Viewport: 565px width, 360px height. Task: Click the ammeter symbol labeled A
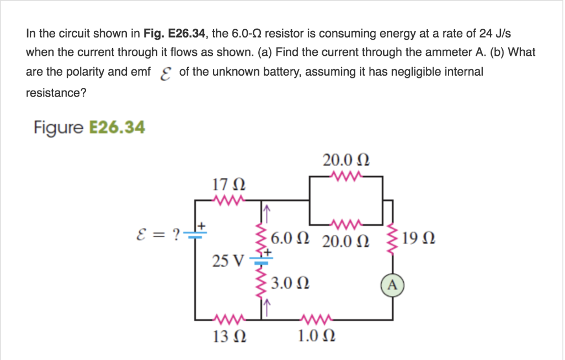392,285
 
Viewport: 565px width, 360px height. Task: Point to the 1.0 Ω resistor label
316,336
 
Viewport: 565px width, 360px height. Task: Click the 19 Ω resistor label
419,239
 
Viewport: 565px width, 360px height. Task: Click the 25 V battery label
227,260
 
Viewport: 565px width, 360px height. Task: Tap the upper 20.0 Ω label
345,161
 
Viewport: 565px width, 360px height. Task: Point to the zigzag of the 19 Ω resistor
392,236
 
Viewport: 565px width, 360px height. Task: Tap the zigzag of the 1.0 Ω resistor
316,319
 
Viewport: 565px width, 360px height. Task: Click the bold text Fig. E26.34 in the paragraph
175,34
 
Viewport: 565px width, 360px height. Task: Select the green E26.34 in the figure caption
117,128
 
